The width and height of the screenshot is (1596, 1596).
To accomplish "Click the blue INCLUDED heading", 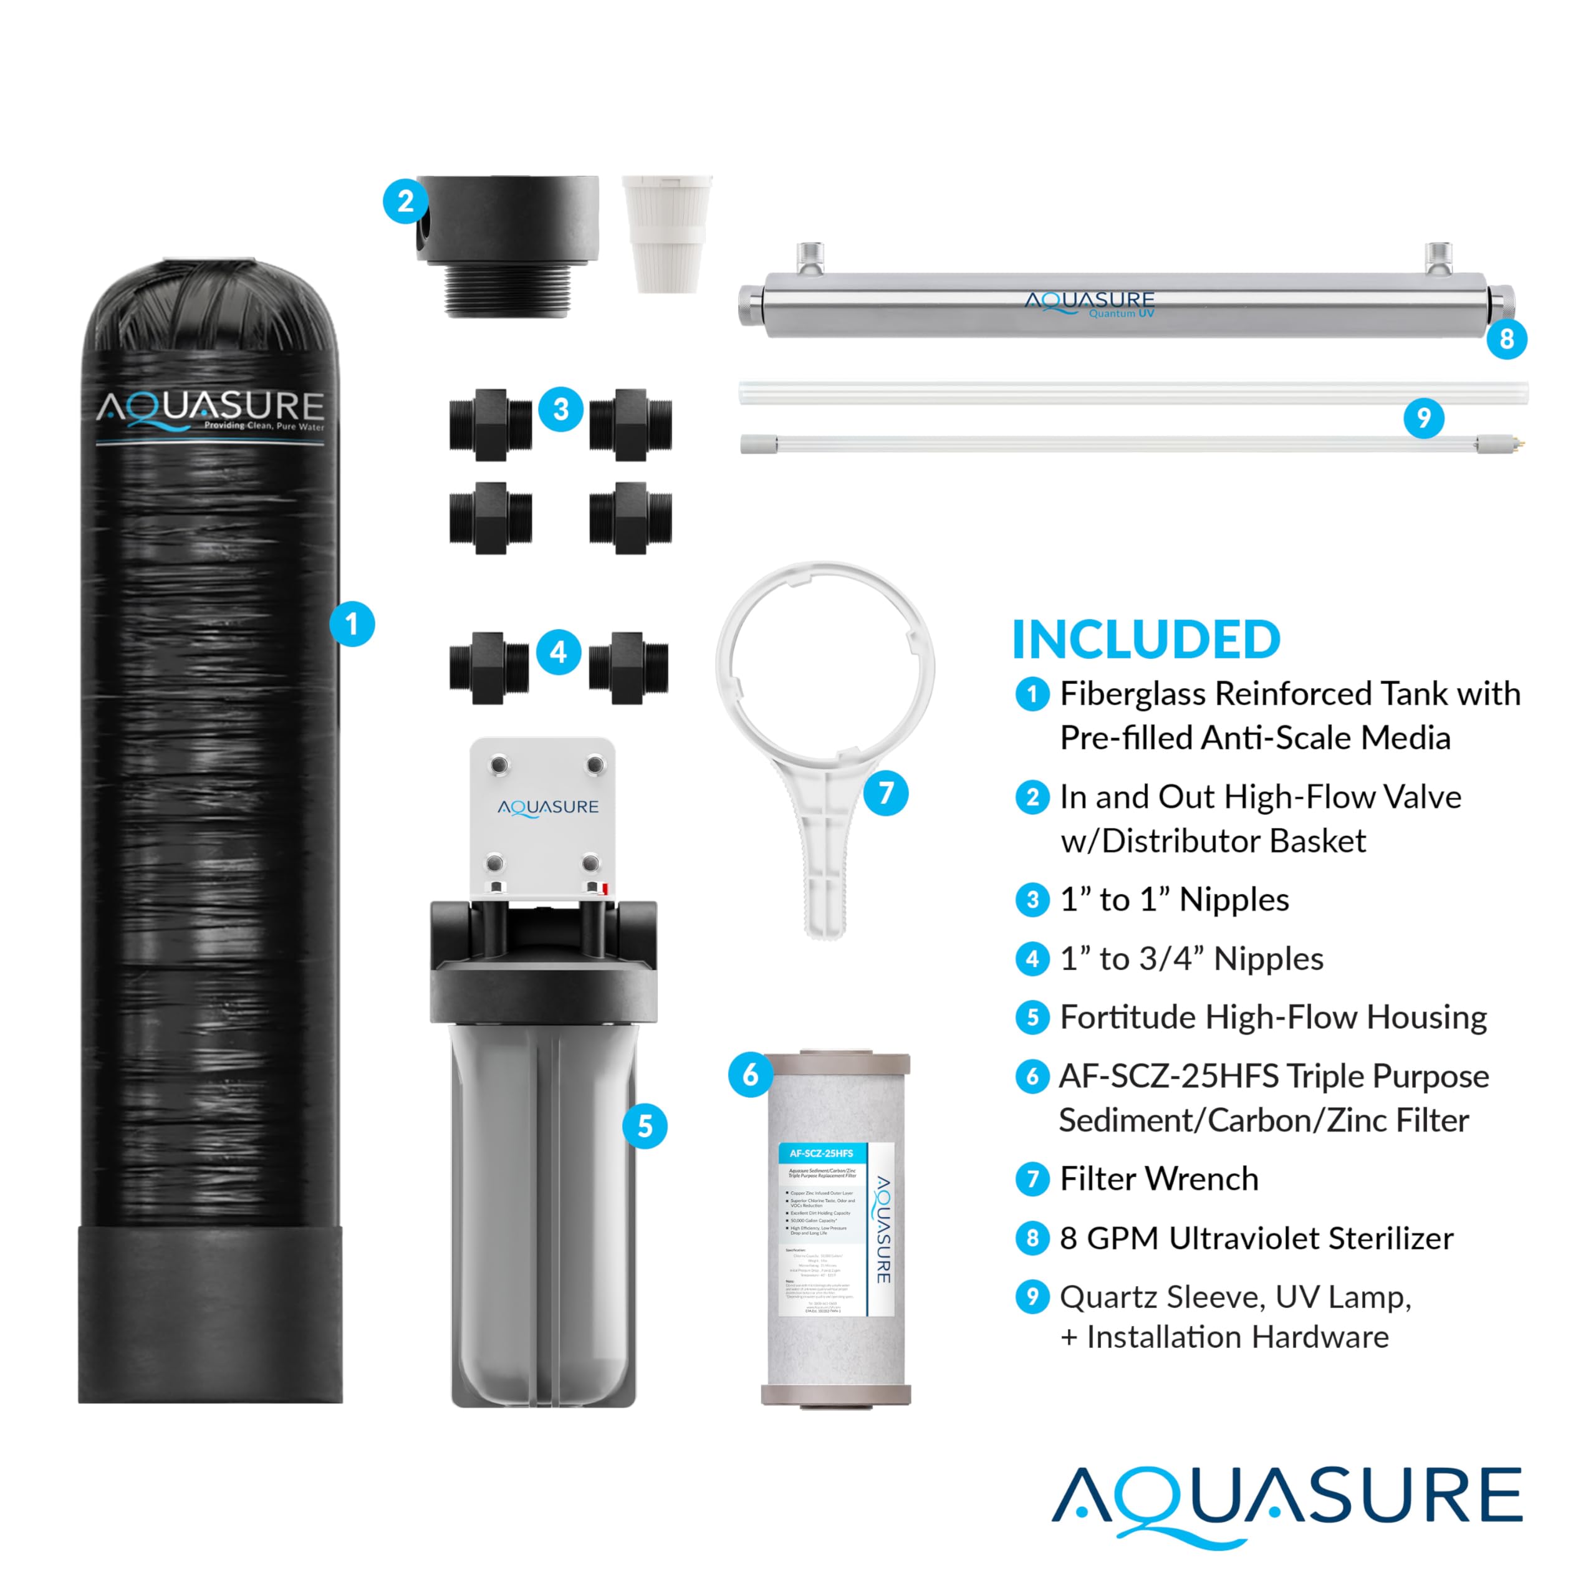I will [1146, 640].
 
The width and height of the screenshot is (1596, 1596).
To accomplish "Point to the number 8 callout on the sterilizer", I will [1506, 339].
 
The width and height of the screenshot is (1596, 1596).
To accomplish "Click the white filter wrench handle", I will [824, 859].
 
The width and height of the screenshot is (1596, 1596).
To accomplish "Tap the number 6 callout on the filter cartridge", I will [750, 1075].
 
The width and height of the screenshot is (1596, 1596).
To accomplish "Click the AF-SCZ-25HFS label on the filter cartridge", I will [821, 1153].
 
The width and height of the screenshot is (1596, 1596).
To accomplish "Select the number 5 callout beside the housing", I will [645, 1126].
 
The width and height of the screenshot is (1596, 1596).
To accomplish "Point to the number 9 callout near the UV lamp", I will [1423, 418].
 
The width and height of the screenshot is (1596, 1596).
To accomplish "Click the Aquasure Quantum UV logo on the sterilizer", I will [1090, 303].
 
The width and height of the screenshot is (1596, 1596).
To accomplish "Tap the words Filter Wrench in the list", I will [1159, 1179].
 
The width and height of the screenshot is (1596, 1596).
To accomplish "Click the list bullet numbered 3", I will [1032, 899].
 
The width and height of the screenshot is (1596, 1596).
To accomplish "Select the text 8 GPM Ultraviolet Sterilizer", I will [1256, 1238].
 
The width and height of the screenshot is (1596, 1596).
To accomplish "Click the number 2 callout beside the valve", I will [405, 201].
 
